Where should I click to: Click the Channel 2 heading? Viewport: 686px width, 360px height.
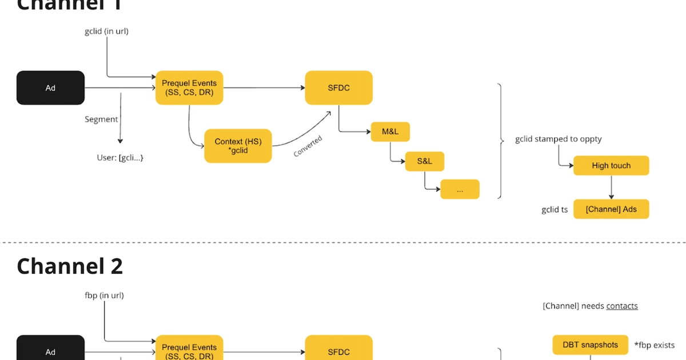pos(70,266)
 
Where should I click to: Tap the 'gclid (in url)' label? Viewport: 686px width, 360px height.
pos(106,31)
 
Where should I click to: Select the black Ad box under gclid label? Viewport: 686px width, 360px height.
pos(50,88)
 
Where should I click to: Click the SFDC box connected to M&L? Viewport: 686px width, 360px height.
pos(338,88)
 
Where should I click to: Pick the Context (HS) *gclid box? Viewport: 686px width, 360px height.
pos(238,146)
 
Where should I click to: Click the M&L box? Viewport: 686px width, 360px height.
pos(390,131)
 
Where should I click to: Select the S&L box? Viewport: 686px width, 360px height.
pos(424,161)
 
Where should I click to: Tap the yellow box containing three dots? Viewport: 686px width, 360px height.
pos(460,190)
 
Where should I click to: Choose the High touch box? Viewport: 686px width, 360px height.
pos(611,166)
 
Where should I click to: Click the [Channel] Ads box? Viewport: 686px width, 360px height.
pos(611,209)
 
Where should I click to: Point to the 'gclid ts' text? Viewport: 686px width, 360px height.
pos(555,210)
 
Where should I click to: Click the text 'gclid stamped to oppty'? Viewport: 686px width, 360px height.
pos(558,139)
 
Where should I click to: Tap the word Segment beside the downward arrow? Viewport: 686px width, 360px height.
pos(101,119)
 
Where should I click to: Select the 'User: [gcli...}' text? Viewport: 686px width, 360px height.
pos(120,157)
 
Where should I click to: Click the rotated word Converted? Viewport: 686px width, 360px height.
pos(308,146)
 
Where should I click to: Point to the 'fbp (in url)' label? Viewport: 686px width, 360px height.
pos(104,295)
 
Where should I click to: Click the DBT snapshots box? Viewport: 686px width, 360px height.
pos(590,345)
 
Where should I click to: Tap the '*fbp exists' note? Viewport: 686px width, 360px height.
pos(654,345)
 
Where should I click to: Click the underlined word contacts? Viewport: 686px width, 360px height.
pos(622,306)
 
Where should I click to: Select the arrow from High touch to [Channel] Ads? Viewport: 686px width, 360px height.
pos(611,187)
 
